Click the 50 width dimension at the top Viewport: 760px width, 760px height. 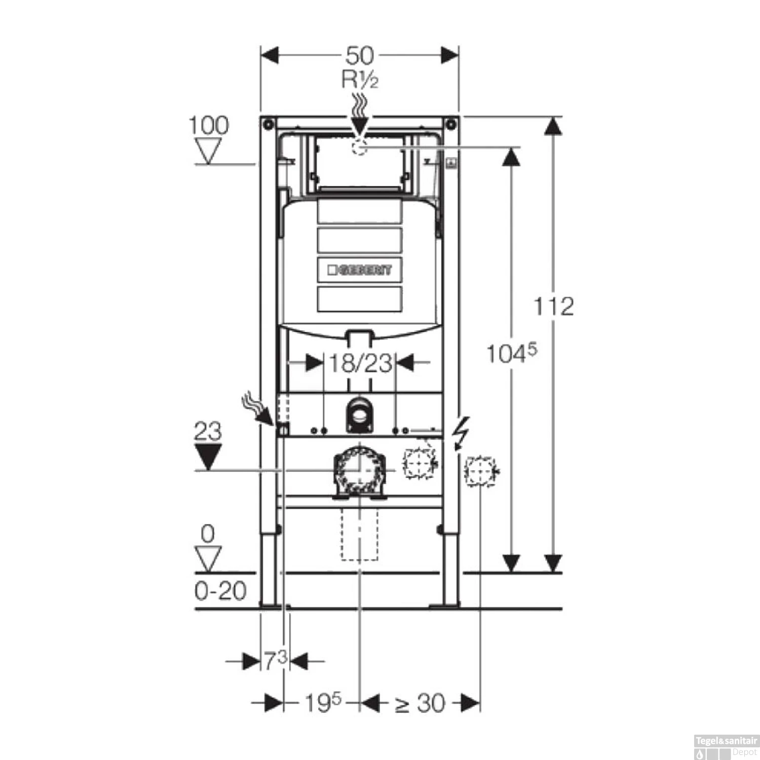point(359,55)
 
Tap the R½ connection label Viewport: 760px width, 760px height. point(359,80)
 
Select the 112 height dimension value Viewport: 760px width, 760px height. point(553,307)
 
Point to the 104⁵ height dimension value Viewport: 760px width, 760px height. point(511,353)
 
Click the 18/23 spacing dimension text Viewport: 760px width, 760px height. point(360,363)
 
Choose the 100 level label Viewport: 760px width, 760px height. point(208,125)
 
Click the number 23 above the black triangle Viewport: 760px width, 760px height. point(208,431)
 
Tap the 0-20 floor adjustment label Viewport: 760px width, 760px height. point(220,591)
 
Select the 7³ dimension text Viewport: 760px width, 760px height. point(275,660)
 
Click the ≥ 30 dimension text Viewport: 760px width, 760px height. point(420,703)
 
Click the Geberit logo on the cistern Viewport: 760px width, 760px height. point(360,270)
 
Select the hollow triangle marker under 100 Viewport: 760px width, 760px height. point(208,151)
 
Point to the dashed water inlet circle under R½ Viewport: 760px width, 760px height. point(359,147)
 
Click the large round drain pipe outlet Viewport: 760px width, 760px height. point(359,470)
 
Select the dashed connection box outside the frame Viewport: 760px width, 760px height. point(479,472)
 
